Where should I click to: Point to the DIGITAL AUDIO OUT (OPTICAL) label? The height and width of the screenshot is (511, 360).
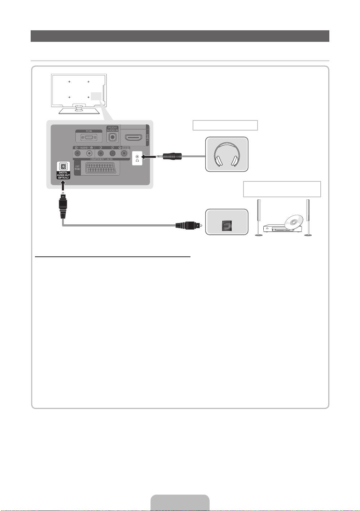[63, 175]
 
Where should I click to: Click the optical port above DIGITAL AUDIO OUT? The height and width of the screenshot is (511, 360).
[63, 167]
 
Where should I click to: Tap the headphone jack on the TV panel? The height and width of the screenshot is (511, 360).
[137, 157]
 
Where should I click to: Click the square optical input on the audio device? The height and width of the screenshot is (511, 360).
[227, 225]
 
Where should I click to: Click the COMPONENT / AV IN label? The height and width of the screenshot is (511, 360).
[101, 159]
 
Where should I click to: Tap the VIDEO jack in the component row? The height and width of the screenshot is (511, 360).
[124, 153]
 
